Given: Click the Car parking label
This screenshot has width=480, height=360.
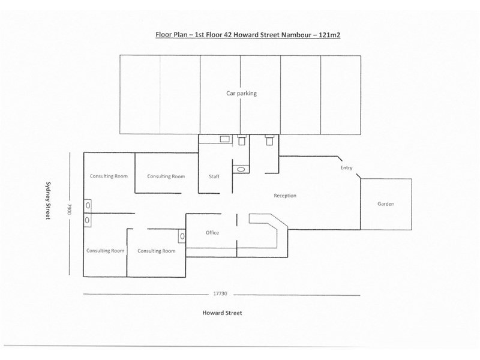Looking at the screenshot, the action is click(241, 94).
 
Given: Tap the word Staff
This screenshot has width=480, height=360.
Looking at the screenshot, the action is click(214, 176).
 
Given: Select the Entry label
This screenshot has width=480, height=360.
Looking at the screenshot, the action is click(346, 168).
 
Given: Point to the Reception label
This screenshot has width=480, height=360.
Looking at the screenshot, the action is click(285, 196).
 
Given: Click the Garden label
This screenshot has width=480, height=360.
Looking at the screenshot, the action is click(385, 204).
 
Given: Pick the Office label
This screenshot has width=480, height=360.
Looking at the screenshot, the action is click(212, 233).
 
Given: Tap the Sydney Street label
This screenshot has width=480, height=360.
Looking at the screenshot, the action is click(48, 200).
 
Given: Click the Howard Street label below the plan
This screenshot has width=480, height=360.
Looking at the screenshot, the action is click(222, 313).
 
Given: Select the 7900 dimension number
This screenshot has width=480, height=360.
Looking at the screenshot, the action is click(69, 209).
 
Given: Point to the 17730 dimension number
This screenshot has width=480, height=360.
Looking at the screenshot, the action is click(220, 293).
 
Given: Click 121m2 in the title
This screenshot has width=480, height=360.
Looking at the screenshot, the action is click(329, 35).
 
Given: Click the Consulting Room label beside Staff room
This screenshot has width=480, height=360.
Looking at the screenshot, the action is click(166, 176).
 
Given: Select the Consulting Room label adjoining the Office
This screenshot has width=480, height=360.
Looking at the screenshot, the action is click(157, 251).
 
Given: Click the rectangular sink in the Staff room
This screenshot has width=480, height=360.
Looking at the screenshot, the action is click(224, 139).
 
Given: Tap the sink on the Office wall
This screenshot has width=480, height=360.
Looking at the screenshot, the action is click(182, 236).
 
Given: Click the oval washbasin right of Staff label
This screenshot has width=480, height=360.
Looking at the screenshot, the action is click(241, 169).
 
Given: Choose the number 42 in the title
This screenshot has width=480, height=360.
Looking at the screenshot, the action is click(227, 35).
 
